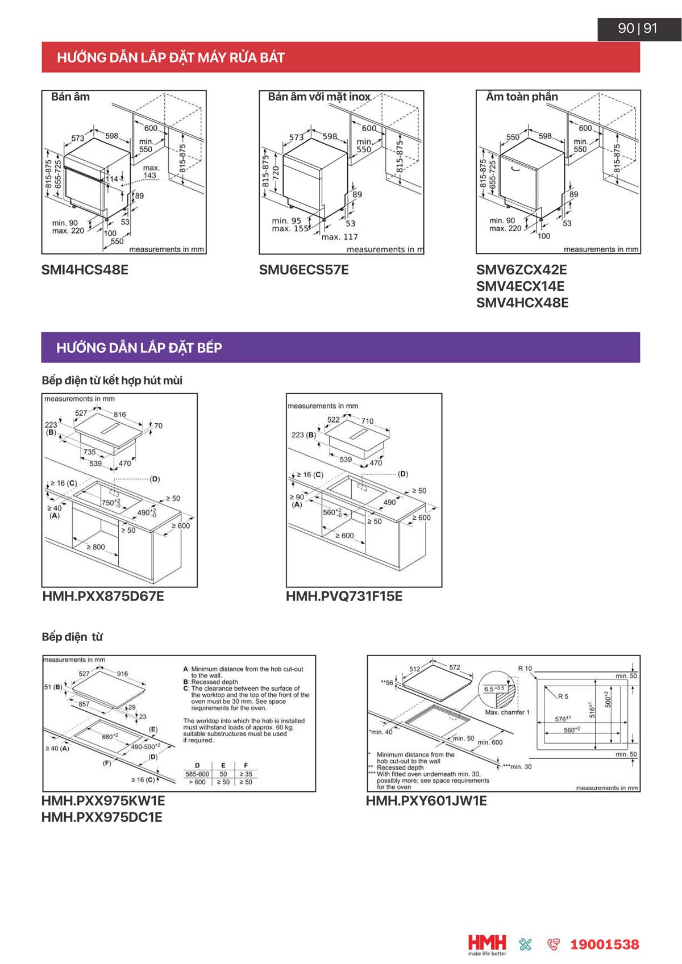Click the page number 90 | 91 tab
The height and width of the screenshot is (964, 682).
point(638,28)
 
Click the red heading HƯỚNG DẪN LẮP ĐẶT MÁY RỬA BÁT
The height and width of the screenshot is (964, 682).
point(170,57)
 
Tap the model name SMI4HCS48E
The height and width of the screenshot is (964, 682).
point(85,269)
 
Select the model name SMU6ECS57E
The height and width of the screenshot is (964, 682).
point(303,269)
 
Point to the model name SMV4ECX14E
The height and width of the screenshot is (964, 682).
point(520,286)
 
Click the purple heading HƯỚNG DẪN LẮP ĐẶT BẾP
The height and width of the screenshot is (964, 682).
point(139,348)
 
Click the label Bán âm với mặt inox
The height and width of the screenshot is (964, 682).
point(319,97)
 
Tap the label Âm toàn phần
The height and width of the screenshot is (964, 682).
point(521,97)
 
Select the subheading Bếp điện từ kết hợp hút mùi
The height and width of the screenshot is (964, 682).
point(112,380)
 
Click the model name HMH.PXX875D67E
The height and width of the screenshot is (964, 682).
point(103,596)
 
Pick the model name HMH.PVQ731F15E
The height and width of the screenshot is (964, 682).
point(344,596)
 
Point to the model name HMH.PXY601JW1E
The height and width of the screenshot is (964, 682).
point(426,800)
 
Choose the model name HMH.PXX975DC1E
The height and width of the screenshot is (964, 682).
point(102,817)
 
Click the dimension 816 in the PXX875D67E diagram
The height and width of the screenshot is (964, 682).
point(119,414)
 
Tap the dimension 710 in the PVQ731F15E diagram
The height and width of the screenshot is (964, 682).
point(367,421)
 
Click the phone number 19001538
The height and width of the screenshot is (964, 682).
point(604,944)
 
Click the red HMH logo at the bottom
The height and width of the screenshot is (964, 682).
point(487,942)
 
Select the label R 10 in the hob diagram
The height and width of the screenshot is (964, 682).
point(525,669)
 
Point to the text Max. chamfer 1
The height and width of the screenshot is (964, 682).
point(507,712)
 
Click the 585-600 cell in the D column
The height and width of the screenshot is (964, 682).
point(197,774)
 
